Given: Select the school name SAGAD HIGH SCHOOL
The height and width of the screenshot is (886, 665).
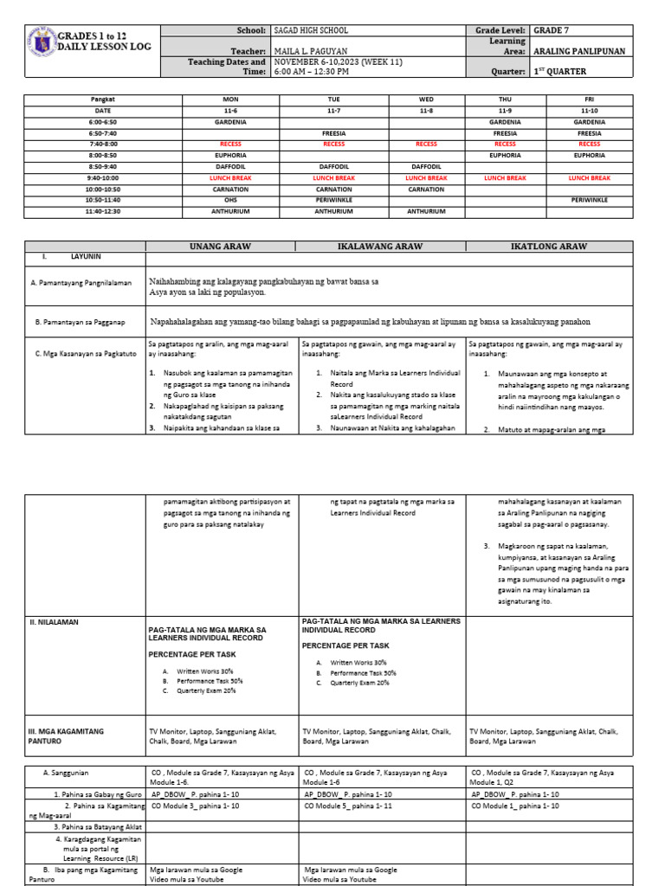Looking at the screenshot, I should click(312, 30).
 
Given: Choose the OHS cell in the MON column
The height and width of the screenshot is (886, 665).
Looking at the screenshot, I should click(229, 200).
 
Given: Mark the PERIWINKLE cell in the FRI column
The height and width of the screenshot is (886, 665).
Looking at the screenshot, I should click(589, 200).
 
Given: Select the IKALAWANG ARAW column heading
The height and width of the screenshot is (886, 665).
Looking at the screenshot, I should click(381, 247).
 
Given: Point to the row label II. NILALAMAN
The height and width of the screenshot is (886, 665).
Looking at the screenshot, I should click(53, 621).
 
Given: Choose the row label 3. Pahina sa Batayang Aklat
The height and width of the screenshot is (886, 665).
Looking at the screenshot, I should click(97, 827).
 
